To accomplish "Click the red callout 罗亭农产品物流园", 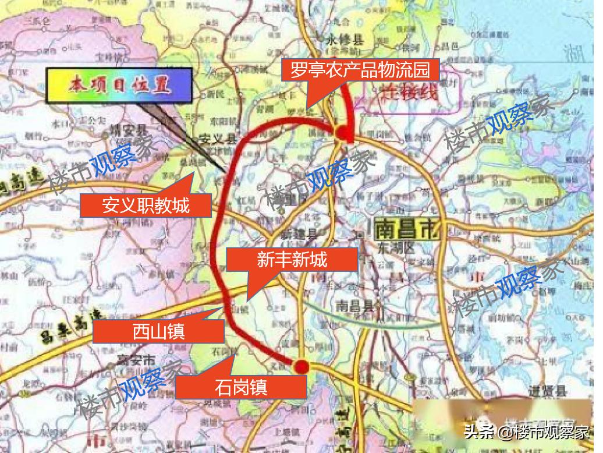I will (356, 70).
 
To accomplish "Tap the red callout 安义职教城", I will (146, 205).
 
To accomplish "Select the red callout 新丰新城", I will (292, 260).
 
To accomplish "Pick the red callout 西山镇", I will (158, 331).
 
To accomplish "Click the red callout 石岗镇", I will (240, 386).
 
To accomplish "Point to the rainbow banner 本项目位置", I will (119, 86).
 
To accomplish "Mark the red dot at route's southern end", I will (301, 366).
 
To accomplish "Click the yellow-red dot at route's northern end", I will (341, 133).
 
